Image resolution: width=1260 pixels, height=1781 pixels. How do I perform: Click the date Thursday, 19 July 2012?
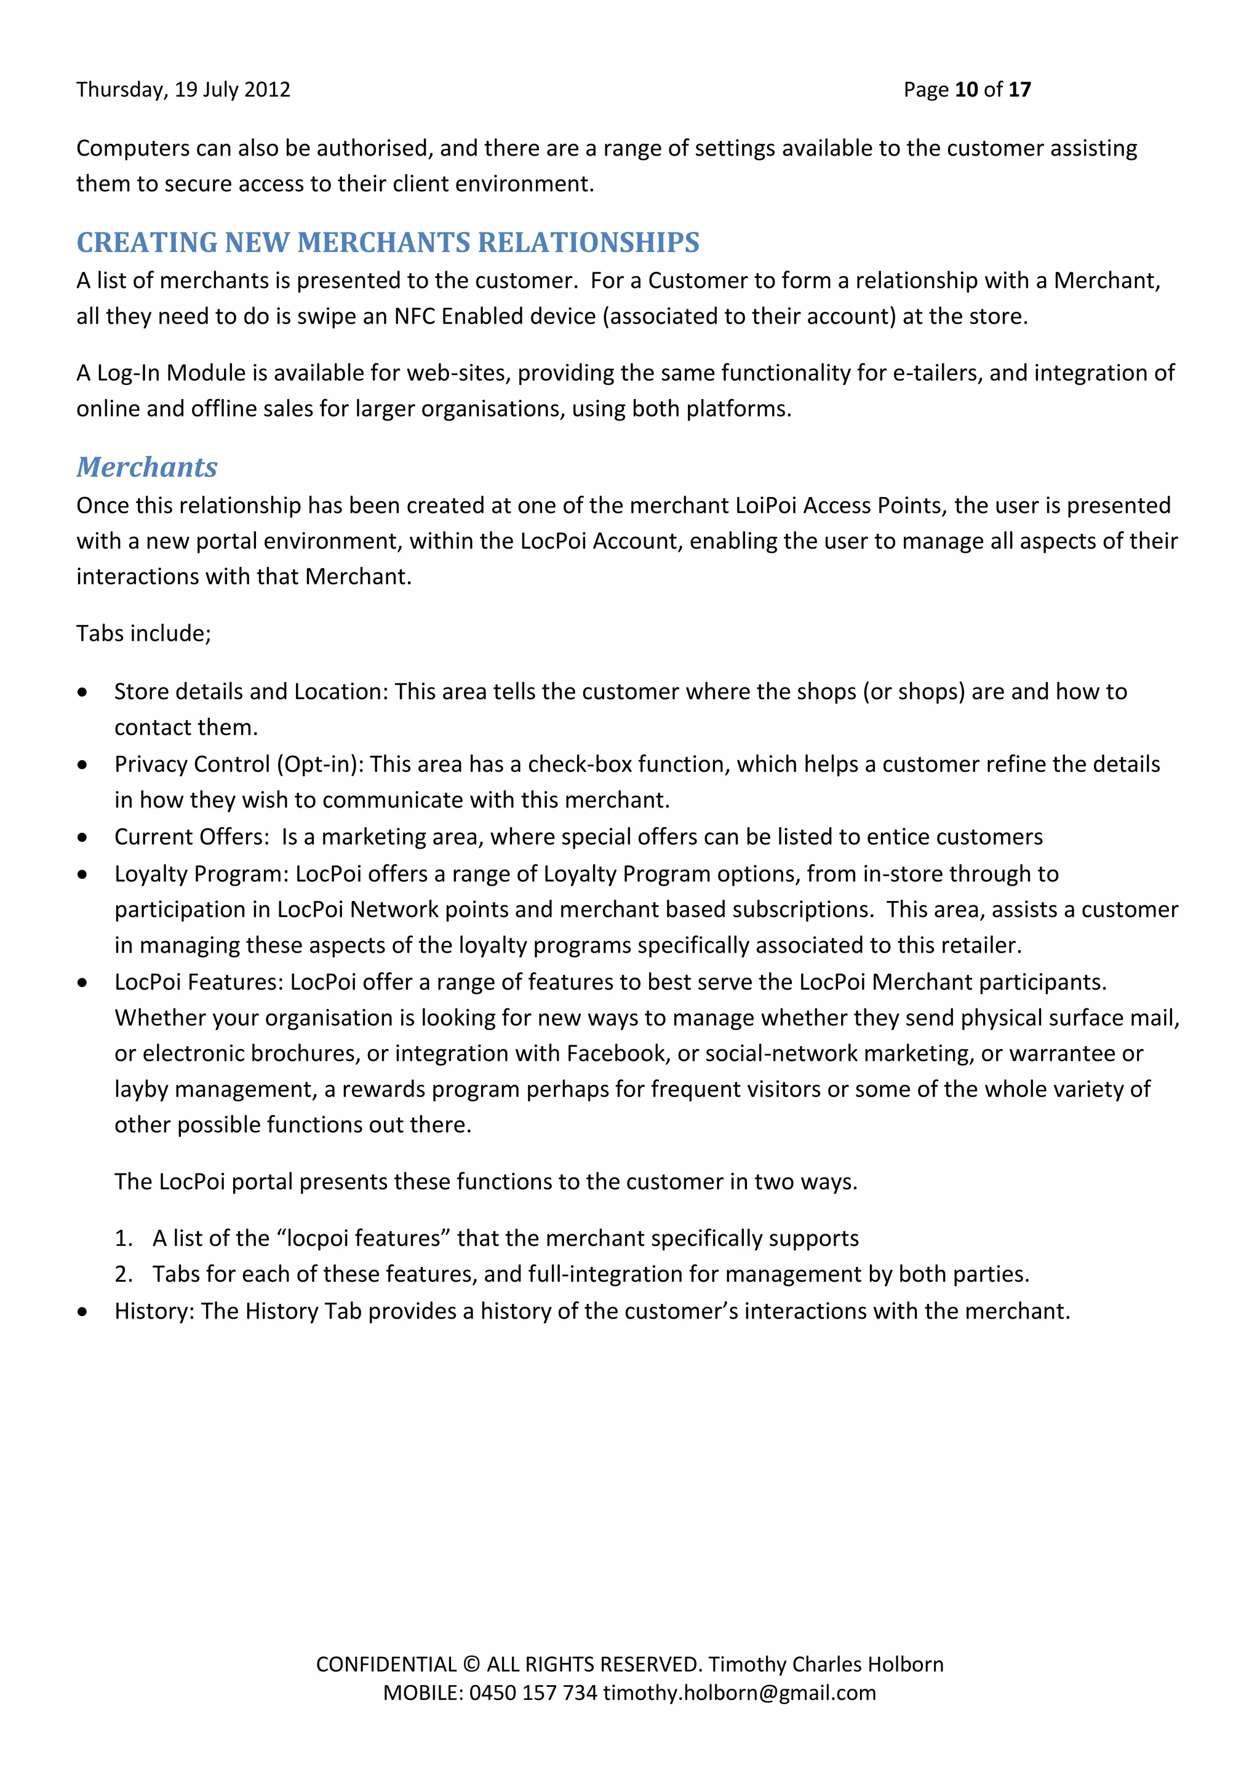point(183,90)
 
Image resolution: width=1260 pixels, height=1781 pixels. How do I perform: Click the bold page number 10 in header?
point(966,90)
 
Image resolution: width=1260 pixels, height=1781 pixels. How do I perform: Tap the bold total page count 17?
point(1019,90)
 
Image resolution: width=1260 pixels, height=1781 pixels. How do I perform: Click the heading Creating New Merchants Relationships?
point(388,243)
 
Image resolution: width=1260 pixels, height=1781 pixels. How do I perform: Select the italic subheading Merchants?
point(146,467)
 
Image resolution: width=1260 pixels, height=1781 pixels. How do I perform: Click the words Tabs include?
point(143,634)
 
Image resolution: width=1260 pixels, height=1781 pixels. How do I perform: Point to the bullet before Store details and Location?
point(83,692)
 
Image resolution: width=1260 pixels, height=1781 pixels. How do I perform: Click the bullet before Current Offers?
point(83,838)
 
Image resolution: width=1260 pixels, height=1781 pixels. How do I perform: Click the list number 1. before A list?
point(124,1239)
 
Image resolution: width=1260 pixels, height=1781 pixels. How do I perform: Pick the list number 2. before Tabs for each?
point(124,1274)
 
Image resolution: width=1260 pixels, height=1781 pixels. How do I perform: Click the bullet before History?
point(83,1312)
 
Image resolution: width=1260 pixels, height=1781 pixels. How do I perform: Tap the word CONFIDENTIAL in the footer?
point(386,1665)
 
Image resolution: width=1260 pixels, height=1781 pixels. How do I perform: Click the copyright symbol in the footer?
point(471,1665)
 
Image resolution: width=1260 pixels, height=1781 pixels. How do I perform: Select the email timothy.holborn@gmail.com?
point(740,1692)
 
